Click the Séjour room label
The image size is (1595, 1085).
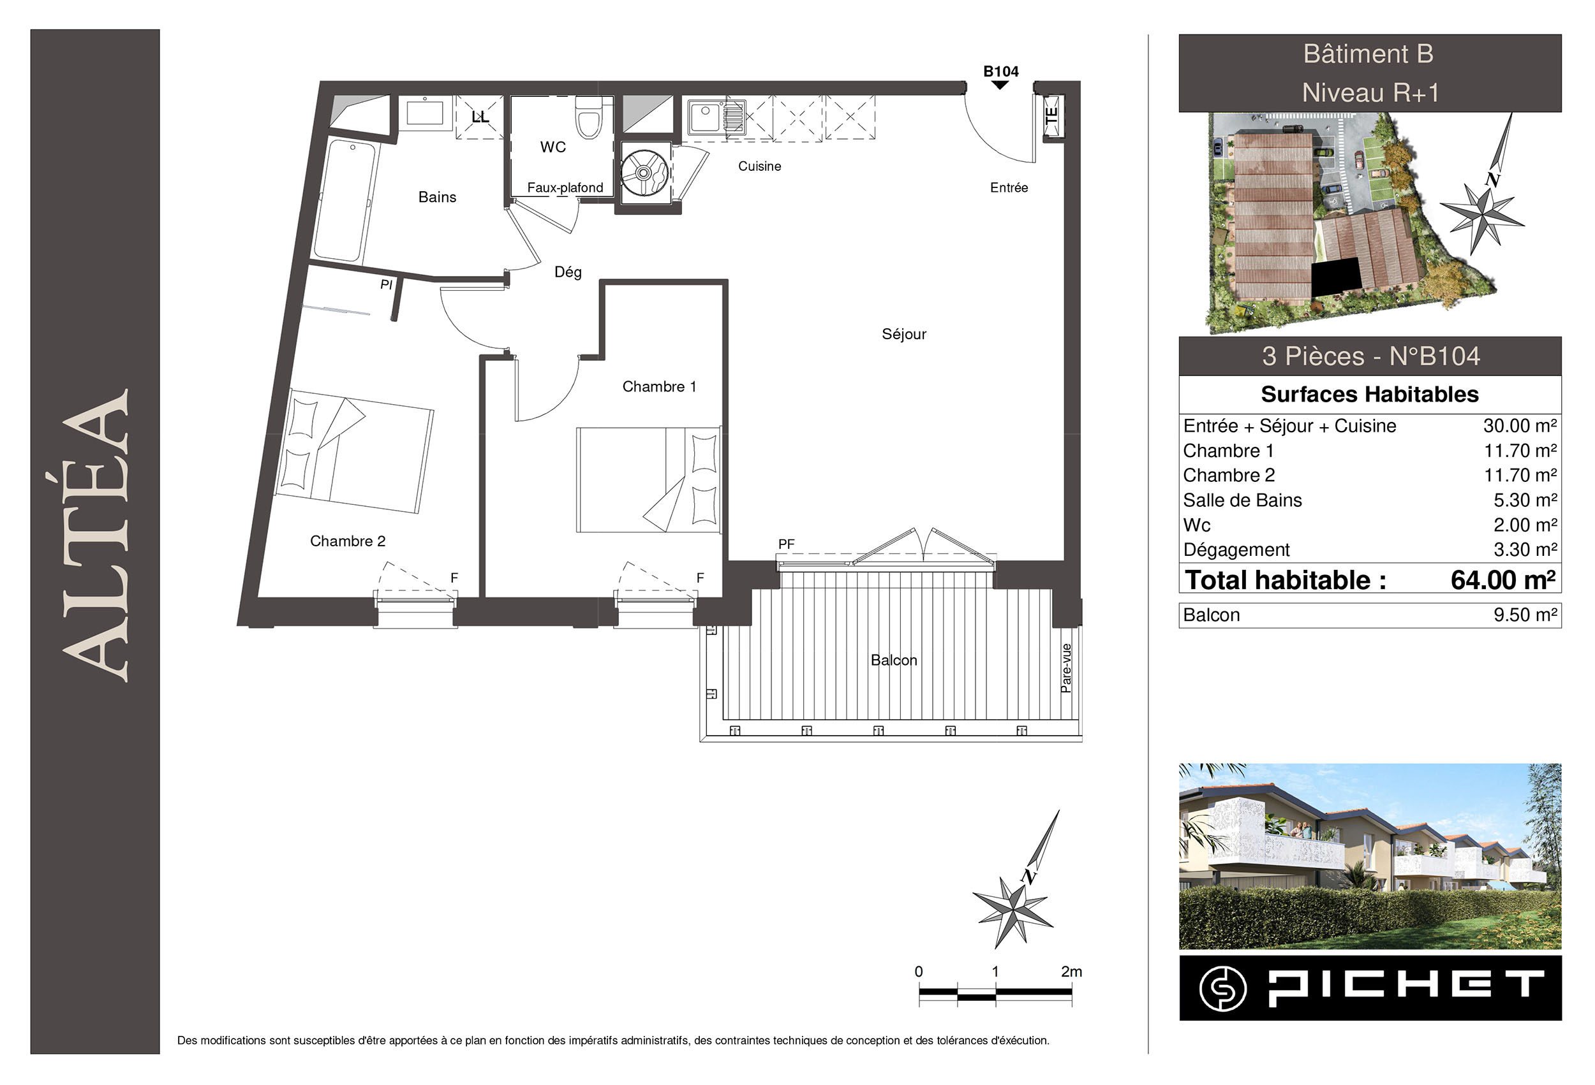coord(903,334)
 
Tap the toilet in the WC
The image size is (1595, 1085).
coord(589,117)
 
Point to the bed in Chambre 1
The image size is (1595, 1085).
coord(649,479)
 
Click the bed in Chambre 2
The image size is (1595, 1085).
coord(354,451)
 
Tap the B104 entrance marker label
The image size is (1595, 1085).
coord(1000,71)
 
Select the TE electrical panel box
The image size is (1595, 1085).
coord(1052,117)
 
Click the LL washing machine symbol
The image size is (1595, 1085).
coord(480,117)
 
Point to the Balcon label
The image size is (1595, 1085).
coord(894,660)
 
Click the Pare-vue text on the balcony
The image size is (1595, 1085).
coord(1066,668)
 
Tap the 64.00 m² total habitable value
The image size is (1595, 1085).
coord(1503,579)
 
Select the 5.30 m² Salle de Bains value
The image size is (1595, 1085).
coord(1525,500)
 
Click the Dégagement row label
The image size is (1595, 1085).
coord(1236,550)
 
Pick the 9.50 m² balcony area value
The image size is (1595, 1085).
coord(1525,615)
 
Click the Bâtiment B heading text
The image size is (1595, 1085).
coord(1369,54)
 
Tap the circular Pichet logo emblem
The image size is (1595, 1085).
coord(1223,988)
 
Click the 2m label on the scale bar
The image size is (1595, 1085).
coord(1071,971)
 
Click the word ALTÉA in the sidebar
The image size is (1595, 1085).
coord(96,535)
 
